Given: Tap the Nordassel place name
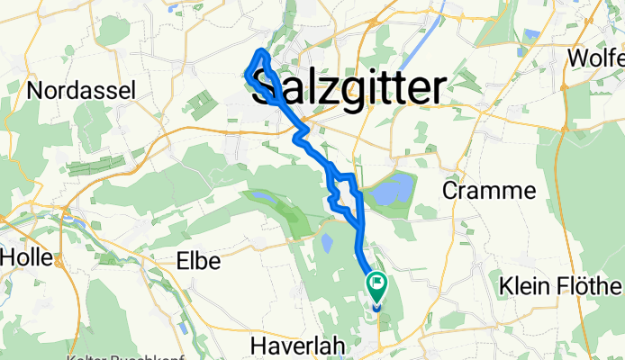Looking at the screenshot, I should (81, 90).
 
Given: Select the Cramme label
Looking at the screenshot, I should (489, 191).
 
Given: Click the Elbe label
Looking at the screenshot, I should (195, 260).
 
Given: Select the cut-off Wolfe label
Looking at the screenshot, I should (595, 58).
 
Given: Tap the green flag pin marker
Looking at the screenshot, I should (376, 286).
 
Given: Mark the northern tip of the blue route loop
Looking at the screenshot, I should (261, 49).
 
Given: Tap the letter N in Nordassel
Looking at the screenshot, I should (35, 90).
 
